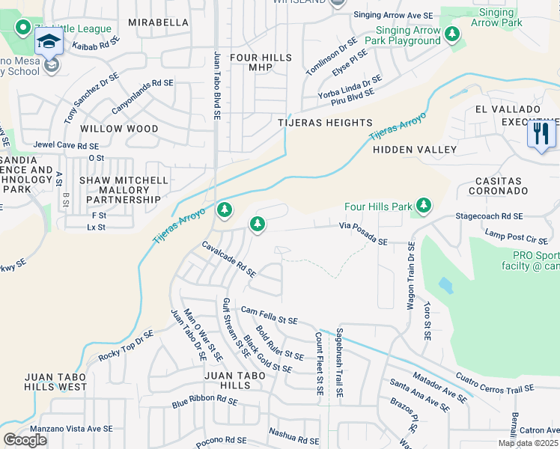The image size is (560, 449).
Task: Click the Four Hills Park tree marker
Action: tap(424, 205)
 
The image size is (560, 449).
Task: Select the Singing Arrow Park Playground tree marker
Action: tap(451, 34)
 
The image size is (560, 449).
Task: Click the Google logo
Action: tap(25, 440)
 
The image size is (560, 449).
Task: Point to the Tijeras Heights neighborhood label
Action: tap(325, 123)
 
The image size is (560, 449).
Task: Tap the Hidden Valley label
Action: tap(415, 150)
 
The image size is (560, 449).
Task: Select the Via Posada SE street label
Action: tap(363, 233)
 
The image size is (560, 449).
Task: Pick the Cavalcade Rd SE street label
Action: tap(229, 259)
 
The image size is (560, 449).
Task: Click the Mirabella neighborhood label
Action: tap(158, 23)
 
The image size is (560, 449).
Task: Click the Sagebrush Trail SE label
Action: tap(340, 361)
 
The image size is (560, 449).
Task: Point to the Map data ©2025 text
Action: tap(528, 443)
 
